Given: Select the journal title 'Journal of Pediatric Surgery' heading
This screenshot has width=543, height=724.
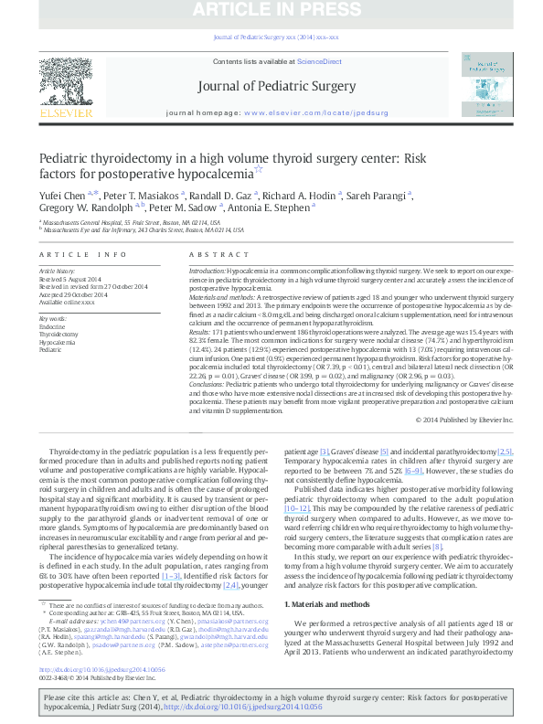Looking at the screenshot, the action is [x=275, y=87].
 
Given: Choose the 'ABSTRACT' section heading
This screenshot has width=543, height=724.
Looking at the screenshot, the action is [x=218, y=255].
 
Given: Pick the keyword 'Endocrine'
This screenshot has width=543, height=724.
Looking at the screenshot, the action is [x=52, y=327].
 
